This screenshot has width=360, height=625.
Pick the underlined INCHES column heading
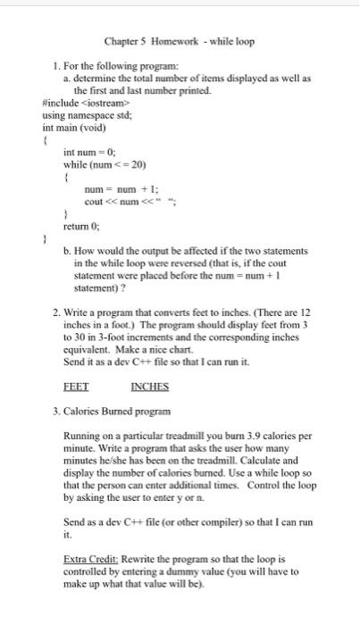[x=149, y=387]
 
